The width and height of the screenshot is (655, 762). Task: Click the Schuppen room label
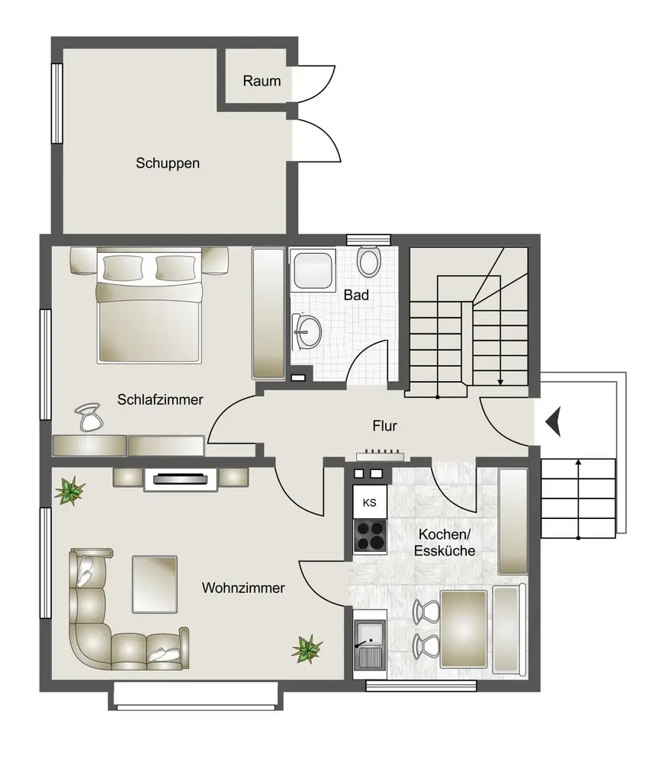coord(168,163)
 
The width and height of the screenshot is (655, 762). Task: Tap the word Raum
coord(262,81)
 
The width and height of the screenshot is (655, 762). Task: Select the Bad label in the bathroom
coord(356,295)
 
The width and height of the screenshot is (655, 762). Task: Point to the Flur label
coord(384,426)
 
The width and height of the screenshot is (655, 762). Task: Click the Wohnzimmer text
coord(243,588)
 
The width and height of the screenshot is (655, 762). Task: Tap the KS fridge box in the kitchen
coord(370,502)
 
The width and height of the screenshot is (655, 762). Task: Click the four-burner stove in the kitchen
coord(370,536)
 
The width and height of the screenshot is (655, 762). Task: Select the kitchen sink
coord(370,645)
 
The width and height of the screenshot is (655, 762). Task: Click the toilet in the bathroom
coord(369,261)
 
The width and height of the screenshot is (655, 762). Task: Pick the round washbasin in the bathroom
coord(307,331)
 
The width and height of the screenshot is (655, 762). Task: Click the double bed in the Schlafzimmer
coord(149,306)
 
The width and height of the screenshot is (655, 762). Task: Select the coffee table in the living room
coord(155,584)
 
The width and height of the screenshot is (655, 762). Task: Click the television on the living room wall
coord(180,479)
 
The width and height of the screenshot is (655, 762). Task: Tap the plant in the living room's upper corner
coord(69,491)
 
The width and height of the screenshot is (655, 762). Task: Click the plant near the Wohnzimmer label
coord(307,649)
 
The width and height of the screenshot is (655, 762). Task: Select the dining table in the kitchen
coord(464,629)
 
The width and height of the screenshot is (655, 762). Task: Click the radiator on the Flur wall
coord(380,455)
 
